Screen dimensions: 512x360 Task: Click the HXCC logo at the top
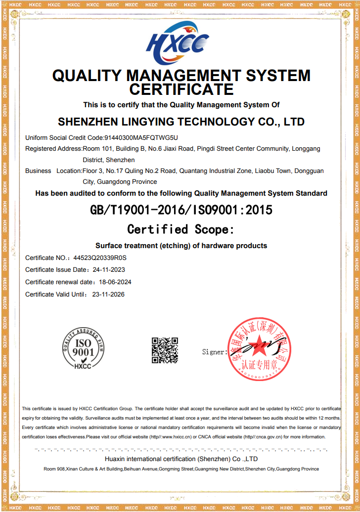(x=178, y=43)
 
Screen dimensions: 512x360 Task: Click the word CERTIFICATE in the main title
(x=181, y=89)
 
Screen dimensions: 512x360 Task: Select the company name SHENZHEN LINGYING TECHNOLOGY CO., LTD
(x=181, y=122)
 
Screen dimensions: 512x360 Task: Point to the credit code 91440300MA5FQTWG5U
(x=141, y=137)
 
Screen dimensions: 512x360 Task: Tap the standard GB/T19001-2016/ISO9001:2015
(x=181, y=210)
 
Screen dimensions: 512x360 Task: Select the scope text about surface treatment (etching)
(x=181, y=246)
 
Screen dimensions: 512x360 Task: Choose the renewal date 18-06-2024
(x=115, y=282)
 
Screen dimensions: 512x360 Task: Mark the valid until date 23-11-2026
(x=108, y=295)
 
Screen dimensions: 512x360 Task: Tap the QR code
(x=165, y=350)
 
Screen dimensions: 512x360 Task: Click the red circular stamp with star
(x=258, y=349)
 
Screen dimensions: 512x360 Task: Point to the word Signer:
(x=215, y=352)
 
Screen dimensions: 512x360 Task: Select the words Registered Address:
(x=53, y=149)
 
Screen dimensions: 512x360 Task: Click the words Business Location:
(x=53, y=171)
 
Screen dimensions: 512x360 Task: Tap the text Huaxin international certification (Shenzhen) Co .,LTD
(x=181, y=459)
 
